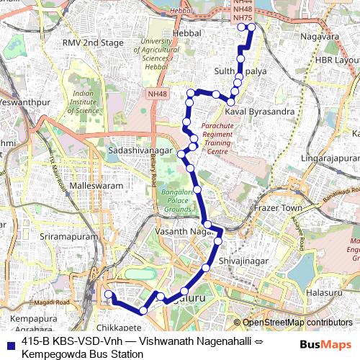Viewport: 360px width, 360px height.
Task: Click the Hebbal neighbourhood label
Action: coord(185,34)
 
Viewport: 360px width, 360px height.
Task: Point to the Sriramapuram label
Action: coord(53,236)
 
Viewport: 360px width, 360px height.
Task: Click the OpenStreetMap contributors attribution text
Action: coord(297,323)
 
